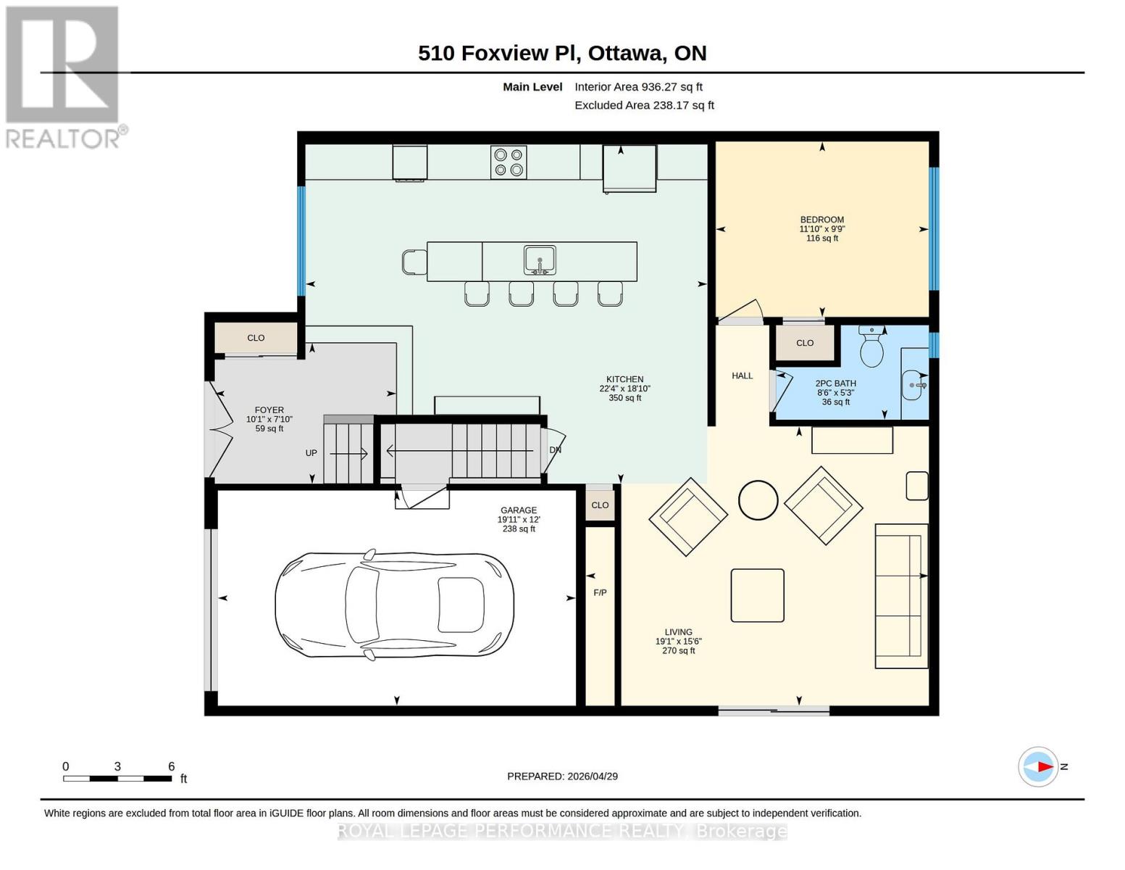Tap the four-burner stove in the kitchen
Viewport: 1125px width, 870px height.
[x=508, y=162]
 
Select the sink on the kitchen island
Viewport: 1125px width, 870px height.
[x=540, y=260]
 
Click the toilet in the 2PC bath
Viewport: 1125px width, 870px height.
[x=871, y=348]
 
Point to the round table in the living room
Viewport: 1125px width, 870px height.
[x=758, y=500]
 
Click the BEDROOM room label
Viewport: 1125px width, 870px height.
[x=821, y=220]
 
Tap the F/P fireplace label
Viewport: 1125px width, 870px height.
[x=600, y=593]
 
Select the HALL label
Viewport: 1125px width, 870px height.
[x=742, y=376]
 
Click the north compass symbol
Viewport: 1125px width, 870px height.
[x=1039, y=766]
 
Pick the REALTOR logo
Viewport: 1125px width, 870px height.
[x=64, y=77]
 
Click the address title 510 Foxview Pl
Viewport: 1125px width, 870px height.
[x=562, y=53]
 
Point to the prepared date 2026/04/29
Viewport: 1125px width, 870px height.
[x=562, y=776]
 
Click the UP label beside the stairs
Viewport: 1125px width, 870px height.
[x=311, y=453]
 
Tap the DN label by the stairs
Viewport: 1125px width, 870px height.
[x=556, y=450]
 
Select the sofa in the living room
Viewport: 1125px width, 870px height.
[x=901, y=596]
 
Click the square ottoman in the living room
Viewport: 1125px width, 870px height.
[x=757, y=595]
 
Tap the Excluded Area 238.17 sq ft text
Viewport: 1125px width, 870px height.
[x=644, y=105]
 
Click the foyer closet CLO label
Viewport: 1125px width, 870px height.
[x=256, y=338]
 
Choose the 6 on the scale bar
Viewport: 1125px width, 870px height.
[x=172, y=766]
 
